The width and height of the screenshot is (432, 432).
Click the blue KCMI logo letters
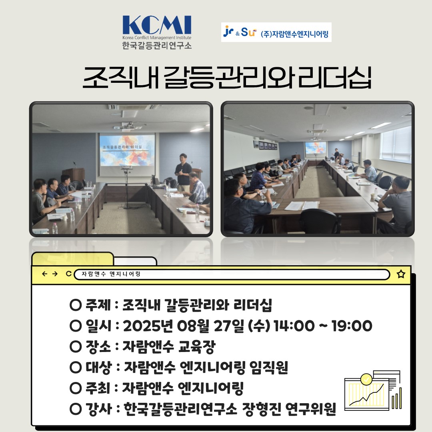[157, 25]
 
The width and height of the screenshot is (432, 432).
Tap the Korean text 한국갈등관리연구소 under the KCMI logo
[157, 45]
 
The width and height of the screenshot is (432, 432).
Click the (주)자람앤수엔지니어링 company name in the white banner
[294, 34]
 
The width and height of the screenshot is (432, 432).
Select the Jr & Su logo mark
[240, 32]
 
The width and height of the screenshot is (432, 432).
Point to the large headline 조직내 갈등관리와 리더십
[227, 78]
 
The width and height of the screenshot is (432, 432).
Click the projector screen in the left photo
[127, 150]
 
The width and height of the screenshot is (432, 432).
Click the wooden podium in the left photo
[74, 175]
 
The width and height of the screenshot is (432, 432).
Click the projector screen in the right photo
[316, 148]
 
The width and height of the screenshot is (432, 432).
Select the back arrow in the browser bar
[45, 274]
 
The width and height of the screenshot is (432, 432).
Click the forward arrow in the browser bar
[55, 274]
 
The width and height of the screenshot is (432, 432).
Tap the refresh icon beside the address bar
[69, 274]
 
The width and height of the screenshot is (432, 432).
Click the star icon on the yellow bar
[401, 274]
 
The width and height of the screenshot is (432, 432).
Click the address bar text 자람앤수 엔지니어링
[111, 274]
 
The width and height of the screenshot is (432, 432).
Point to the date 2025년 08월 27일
[184, 326]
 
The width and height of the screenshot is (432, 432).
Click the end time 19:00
[352, 326]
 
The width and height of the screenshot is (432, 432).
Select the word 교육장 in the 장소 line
[197, 346]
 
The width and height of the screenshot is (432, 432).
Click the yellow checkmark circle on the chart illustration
[366, 379]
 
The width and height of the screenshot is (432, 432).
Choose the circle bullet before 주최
[76, 388]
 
